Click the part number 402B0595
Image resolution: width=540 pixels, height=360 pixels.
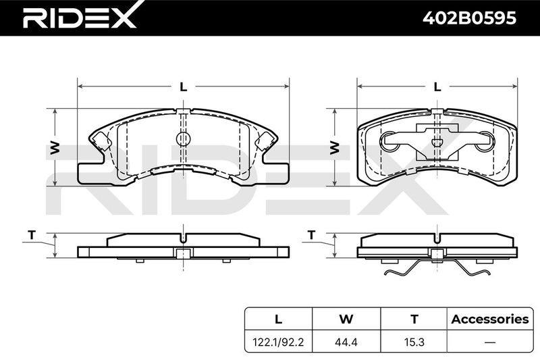click(x=469, y=18)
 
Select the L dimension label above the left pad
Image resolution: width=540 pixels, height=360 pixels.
click(x=183, y=87)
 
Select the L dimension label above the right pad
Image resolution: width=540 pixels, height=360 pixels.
click(x=437, y=87)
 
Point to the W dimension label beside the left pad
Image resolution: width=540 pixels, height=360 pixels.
click(x=55, y=148)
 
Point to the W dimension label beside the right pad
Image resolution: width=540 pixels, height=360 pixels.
click(x=335, y=148)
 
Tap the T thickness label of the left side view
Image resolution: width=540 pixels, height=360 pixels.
click(x=32, y=235)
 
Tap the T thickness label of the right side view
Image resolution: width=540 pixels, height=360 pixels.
click(x=312, y=235)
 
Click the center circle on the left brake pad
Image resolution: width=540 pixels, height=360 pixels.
click(x=183, y=139)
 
